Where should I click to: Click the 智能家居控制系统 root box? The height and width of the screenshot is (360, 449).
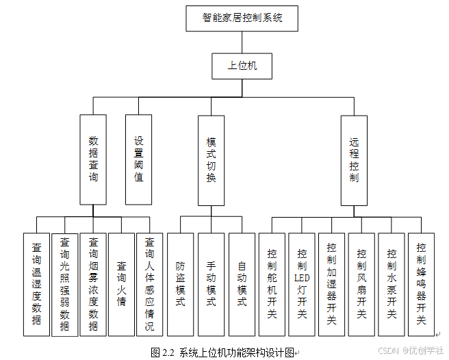[x=242, y=18]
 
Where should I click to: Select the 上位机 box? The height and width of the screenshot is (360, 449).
[x=242, y=66]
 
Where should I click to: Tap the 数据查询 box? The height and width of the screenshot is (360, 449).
[x=93, y=159]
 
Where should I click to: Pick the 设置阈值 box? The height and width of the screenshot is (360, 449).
[x=139, y=159]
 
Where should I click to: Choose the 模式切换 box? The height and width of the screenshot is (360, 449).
[x=211, y=159]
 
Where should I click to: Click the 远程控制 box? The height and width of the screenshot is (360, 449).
[x=354, y=159]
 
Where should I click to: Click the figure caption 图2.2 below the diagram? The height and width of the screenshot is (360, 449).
[x=223, y=352]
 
